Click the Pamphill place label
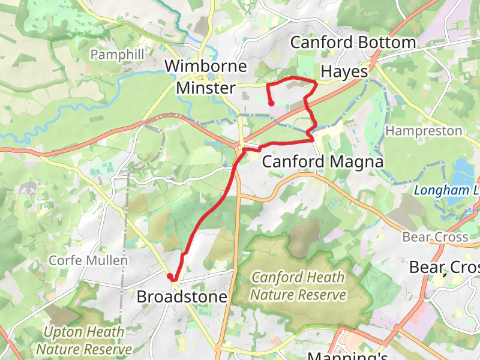117,55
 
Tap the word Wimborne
206,66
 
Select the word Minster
206,88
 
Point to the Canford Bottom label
353,43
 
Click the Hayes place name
344,71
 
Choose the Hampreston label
424,131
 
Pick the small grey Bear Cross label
435,237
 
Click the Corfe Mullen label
88,261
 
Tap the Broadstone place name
182,297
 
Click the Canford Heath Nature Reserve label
298,286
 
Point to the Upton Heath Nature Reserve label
84,340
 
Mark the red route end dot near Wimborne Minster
271,103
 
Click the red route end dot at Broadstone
170,277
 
